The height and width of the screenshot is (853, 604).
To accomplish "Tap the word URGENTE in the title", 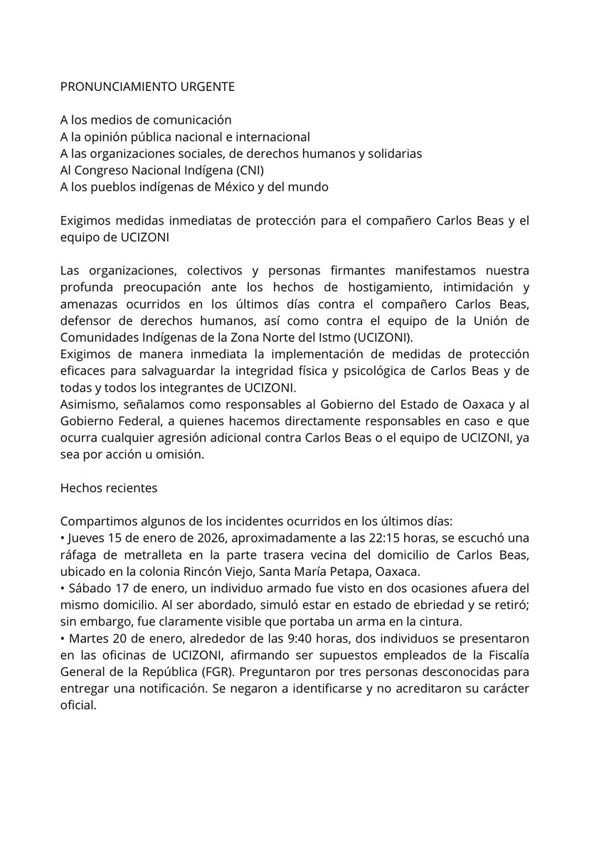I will click(205, 87).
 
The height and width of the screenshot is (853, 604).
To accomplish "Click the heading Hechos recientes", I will click(108, 489).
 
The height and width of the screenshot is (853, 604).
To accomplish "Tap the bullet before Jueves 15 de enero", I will click(63, 538).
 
